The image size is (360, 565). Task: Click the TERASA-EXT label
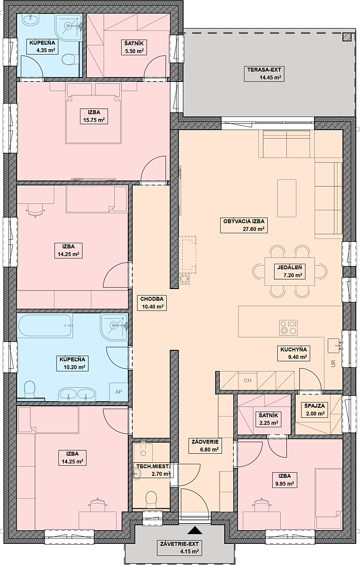click(264, 73)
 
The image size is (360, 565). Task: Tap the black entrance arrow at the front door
click(195, 524)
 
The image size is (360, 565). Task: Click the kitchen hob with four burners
click(288, 327)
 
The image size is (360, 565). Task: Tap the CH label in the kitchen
click(247, 380)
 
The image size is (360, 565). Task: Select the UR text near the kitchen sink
click(333, 363)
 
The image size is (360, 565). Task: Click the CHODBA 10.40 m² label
click(152, 303)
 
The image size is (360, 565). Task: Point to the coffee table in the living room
click(287, 198)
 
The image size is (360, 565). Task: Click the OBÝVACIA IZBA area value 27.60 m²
click(253, 229)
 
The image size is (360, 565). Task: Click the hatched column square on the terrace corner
click(347, 37)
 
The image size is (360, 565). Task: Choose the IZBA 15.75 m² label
click(94, 116)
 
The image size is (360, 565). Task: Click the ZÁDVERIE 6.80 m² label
click(205, 446)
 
